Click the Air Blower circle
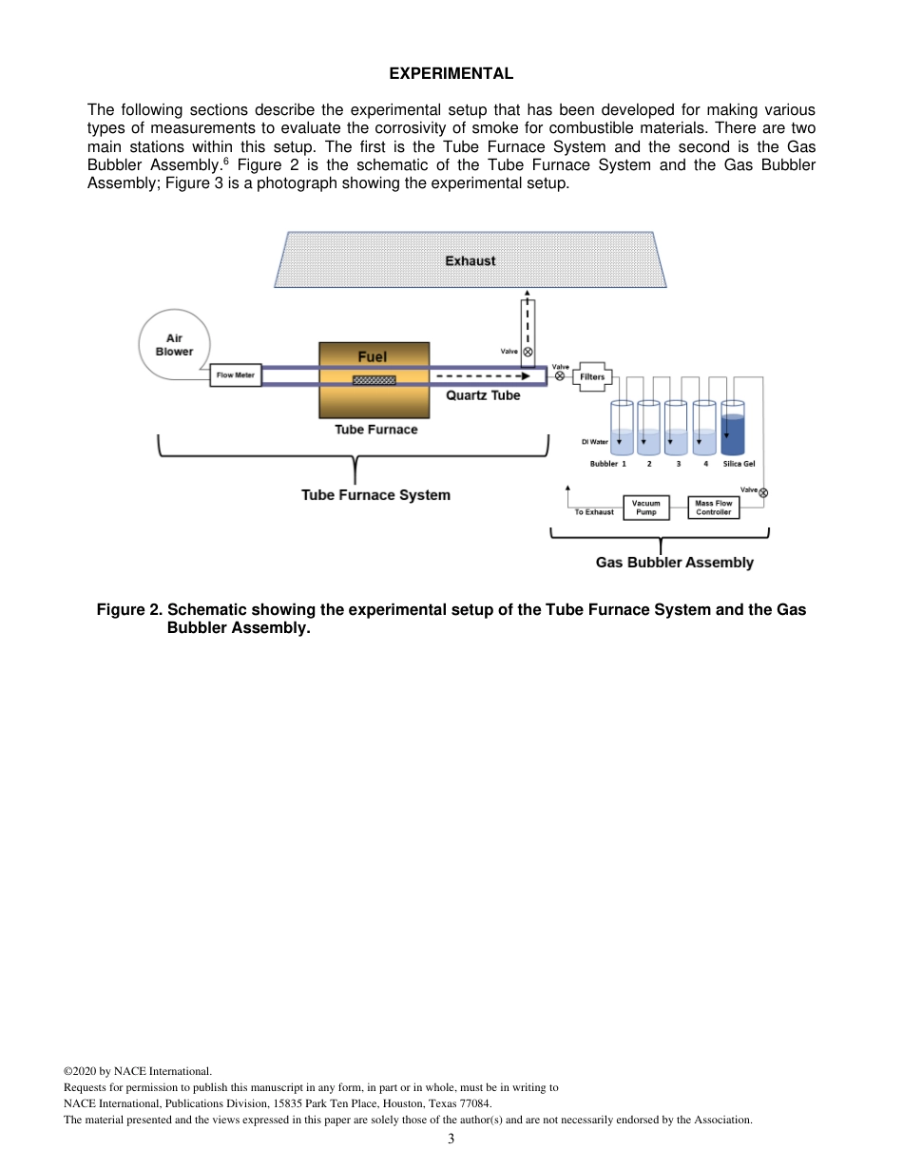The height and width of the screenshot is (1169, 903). [x=174, y=344]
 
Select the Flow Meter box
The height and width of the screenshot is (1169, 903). [x=236, y=375]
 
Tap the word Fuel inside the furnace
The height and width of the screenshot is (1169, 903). [x=373, y=356]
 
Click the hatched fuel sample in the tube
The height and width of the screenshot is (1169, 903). [x=374, y=380]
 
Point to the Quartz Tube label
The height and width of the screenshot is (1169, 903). [x=483, y=395]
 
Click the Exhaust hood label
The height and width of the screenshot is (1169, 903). [x=471, y=260]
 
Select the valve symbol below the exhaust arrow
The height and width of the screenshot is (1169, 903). [x=528, y=352]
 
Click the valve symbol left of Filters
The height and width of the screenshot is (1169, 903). [x=560, y=376]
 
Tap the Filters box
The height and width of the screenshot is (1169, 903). [x=592, y=376]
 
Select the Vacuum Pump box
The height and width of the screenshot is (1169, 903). [x=646, y=508]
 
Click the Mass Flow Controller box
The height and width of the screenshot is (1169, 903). [x=713, y=508]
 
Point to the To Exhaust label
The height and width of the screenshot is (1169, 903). [x=594, y=512]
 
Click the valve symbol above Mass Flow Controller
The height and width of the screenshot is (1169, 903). [x=763, y=492]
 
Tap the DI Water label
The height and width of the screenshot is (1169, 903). [x=594, y=442]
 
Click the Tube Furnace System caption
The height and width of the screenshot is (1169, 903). [x=375, y=495]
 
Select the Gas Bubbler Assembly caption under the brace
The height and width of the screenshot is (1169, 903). [x=674, y=563]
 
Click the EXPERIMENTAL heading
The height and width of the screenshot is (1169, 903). [x=451, y=73]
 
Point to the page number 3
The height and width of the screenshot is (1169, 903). [x=451, y=1139]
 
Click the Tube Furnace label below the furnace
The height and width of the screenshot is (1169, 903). [x=375, y=430]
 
